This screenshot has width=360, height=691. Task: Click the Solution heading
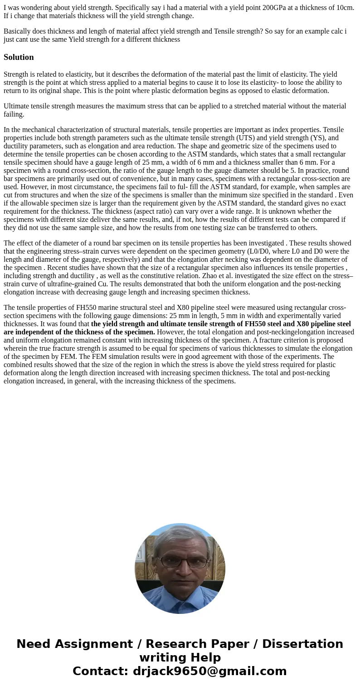(19, 57)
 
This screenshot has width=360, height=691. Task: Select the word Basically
(18, 31)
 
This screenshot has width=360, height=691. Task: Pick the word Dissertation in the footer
(302, 644)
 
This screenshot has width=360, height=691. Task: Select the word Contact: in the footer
(100, 671)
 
